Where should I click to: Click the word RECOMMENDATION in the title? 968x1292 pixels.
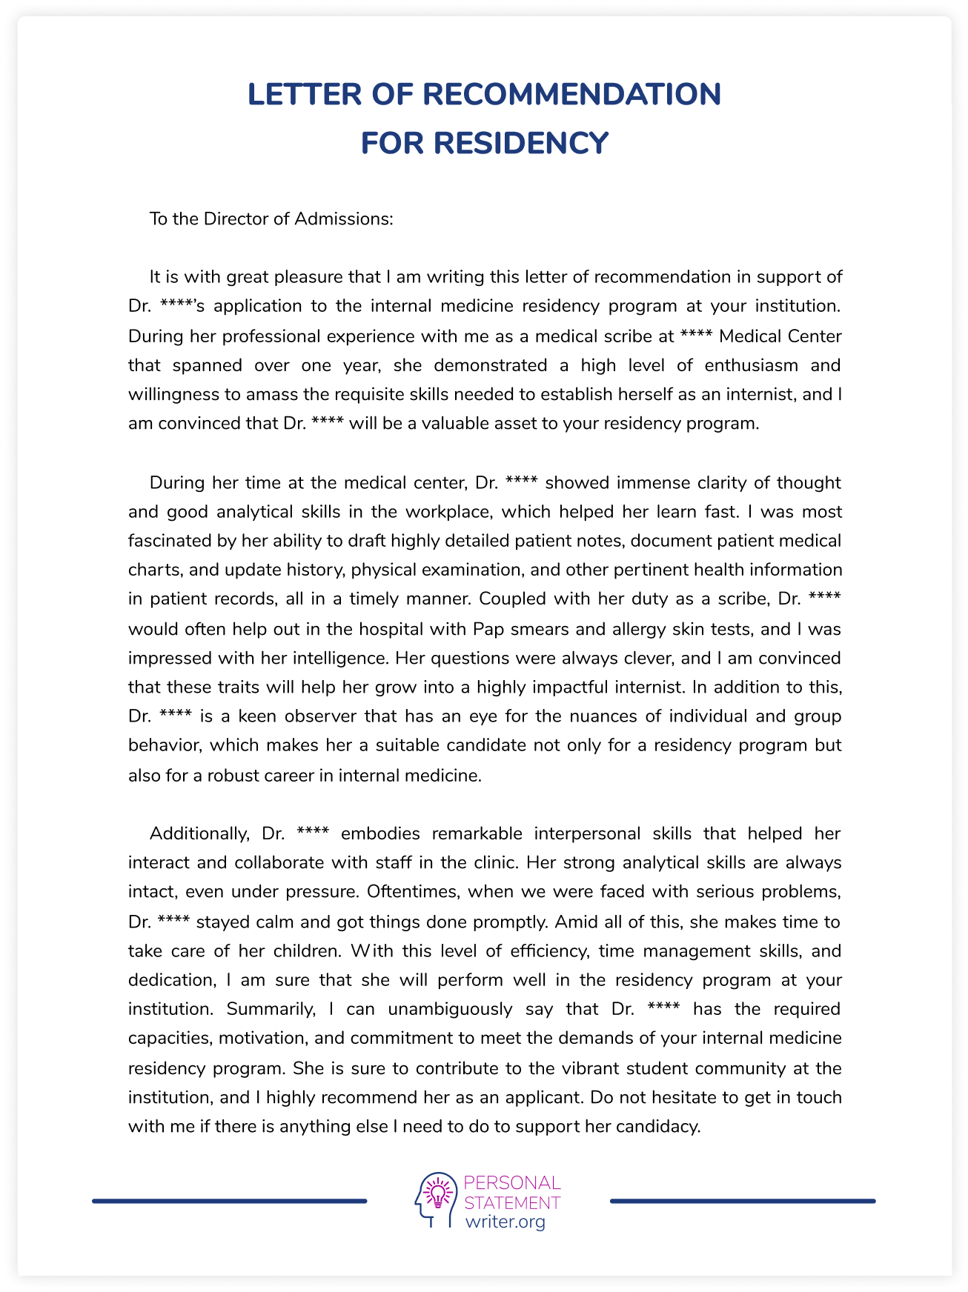(571, 94)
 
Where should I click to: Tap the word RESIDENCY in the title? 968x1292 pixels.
(521, 143)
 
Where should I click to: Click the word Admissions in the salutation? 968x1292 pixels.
(344, 219)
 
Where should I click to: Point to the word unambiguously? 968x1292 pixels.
(450, 1009)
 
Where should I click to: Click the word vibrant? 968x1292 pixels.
(589, 1068)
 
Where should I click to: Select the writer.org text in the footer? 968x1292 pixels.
(505, 1222)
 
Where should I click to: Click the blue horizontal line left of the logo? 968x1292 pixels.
(229, 1201)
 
